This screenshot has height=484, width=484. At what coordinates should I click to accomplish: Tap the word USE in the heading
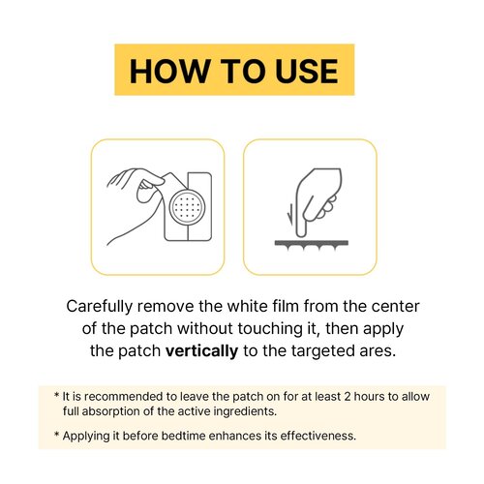coord(307,71)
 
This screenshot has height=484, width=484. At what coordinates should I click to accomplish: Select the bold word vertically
coord(201,351)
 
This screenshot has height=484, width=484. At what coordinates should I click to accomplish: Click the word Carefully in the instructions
coord(100,307)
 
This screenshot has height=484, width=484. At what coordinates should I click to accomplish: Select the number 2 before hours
coord(348,396)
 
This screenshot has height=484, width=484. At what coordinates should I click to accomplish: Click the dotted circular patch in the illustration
coord(188,207)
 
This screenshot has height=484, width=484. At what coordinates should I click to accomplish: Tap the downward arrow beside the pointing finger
coord(291,215)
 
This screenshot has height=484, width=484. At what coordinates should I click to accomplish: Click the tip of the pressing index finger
coord(301,234)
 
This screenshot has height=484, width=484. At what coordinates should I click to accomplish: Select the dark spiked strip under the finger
coord(312,245)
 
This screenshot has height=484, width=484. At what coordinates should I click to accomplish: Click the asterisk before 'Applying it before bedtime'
coord(57,435)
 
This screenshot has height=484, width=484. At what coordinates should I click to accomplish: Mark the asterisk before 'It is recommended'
coord(57,395)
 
